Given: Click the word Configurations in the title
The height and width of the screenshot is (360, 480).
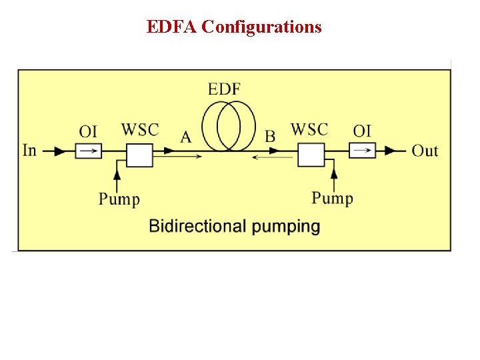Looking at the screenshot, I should pos(261,27).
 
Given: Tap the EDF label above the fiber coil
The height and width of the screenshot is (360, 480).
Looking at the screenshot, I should pos(224,89).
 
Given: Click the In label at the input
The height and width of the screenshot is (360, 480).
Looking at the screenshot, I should pos(30,151).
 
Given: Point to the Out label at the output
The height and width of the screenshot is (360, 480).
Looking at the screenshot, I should pos(425,151).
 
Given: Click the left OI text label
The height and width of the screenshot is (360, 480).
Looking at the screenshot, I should pos(88,131).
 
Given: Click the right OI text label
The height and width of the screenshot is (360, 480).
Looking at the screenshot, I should pos(362,131).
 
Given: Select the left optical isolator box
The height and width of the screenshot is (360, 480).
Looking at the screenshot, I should pos(88,151).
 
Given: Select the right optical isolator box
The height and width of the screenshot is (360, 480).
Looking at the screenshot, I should pos(363,151).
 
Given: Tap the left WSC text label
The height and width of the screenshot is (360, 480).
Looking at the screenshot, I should pos(140,129).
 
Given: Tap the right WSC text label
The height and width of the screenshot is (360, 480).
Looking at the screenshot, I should pos(309,129).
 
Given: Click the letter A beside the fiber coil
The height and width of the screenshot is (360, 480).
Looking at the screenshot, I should pos(186,137).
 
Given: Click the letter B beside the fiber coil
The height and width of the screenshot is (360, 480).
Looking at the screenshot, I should pos(270,137).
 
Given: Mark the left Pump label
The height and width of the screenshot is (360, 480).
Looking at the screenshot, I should pos(119,199).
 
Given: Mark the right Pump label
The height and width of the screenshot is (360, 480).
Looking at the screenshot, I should pos(332,198).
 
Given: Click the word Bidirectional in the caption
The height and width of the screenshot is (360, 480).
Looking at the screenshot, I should pos(198,226).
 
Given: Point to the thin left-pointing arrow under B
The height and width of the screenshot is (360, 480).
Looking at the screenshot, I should pos(273,157).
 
